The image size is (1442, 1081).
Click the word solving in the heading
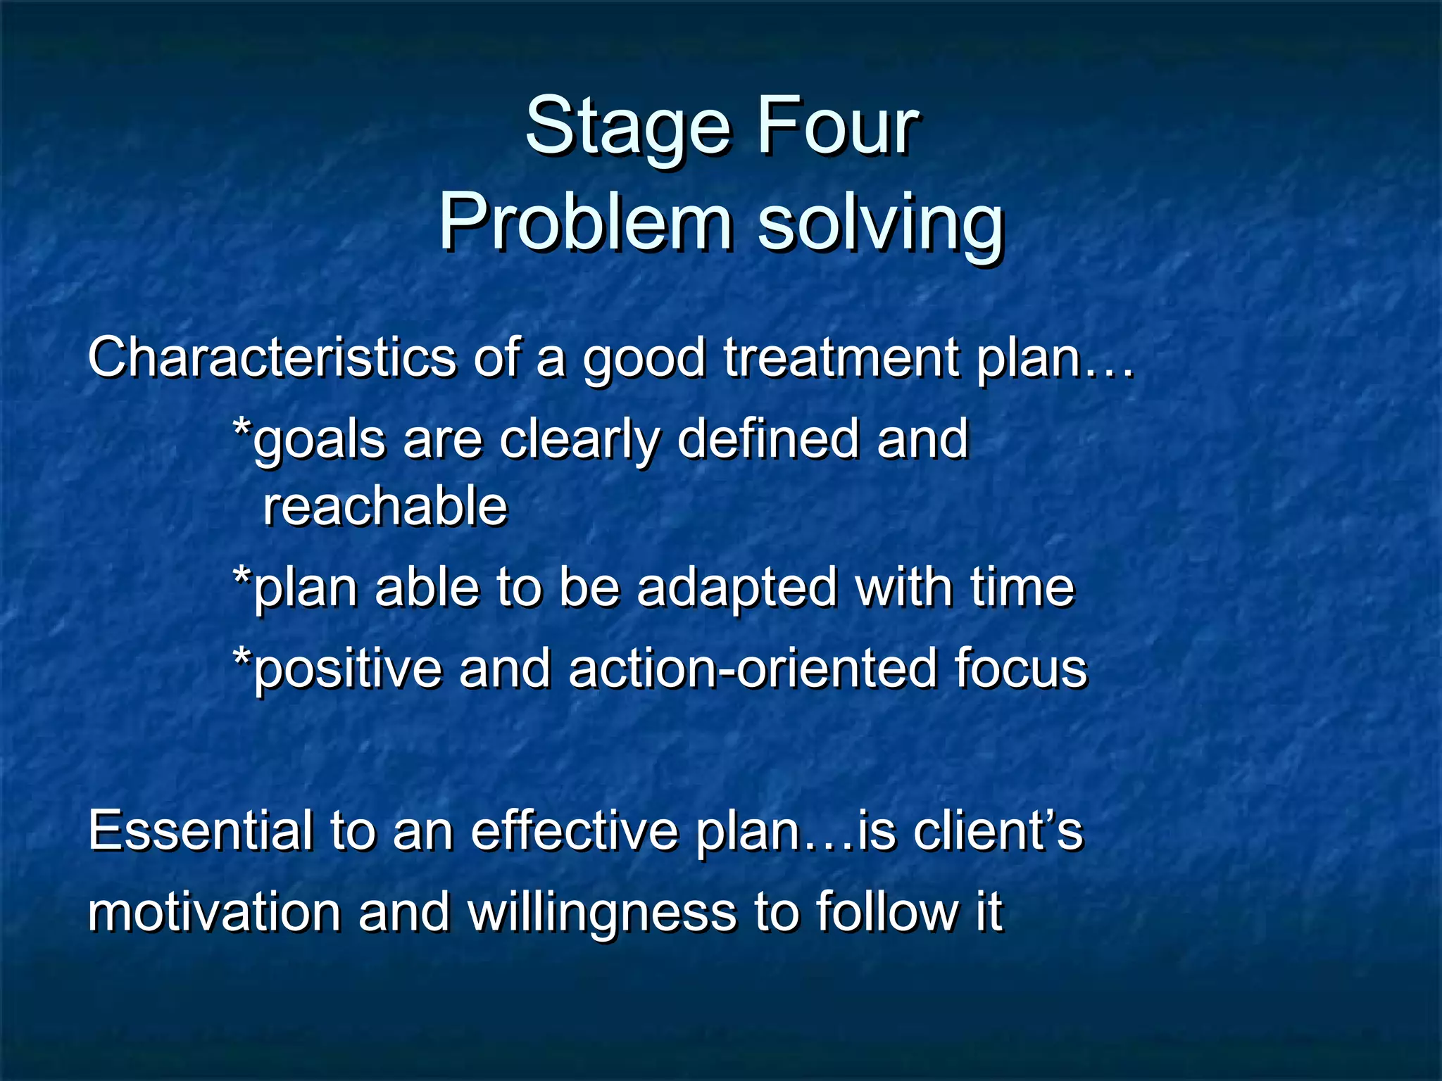(x=880, y=224)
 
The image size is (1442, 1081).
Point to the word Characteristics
(x=272, y=358)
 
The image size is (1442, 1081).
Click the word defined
(x=768, y=438)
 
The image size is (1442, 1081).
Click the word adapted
(x=736, y=588)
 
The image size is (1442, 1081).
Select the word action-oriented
(x=752, y=668)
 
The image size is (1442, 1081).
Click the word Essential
(x=200, y=830)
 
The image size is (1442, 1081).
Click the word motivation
(x=214, y=912)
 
